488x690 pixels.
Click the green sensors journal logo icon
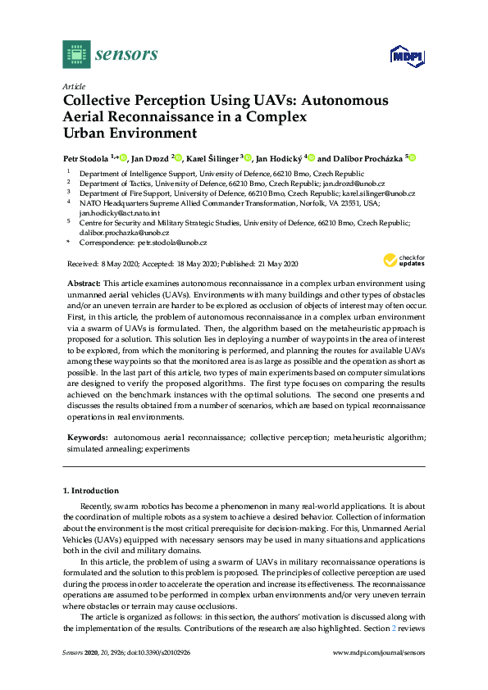pyautogui.click(x=76, y=54)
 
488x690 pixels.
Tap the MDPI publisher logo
pyautogui.click(x=400, y=57)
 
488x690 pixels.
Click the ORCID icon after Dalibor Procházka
pyautogui.click(x=413, y=158)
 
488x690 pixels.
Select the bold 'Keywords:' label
pyautogui.click(x=86, y=438)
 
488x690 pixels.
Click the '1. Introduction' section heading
pyautogui.click(x=91, y=490)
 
